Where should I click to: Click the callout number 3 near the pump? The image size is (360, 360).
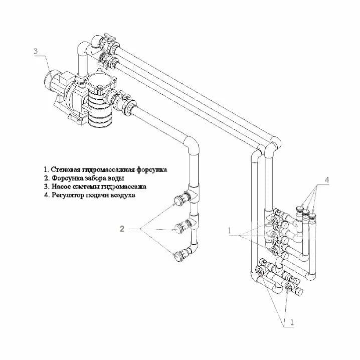point(36,51)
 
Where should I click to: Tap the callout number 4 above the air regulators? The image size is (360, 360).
point(327,180)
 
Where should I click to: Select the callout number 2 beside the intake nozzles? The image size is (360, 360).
point(122,229)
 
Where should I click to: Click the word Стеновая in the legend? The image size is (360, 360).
point(65,169)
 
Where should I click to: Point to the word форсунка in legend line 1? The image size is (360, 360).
point(152,169)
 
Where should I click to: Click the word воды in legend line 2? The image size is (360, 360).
point(117,178)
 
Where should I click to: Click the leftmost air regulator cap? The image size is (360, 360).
point(300,210)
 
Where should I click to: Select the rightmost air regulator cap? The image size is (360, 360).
point(312,216)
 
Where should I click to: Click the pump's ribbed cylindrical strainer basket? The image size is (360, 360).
point(99,110)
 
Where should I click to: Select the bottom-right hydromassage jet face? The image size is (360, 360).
point(288,286)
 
